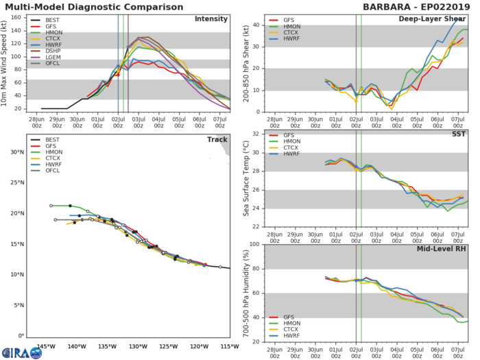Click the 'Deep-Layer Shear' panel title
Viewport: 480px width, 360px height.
(x=435, y=19)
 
